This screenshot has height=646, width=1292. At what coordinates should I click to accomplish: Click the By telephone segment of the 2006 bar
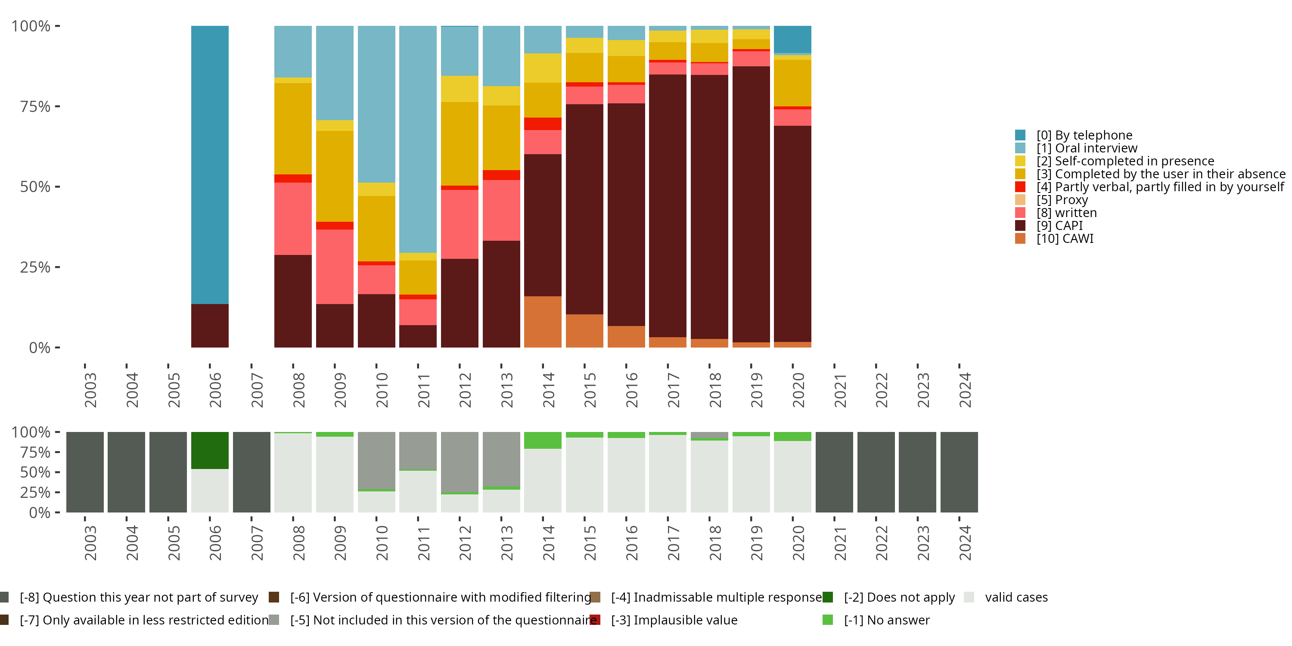tap(210, 165)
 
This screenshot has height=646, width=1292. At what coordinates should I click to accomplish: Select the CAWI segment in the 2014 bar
tap(543, 322)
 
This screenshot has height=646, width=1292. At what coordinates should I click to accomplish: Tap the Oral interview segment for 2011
tap(418, 139)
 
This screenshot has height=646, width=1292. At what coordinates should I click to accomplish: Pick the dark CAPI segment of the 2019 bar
tap(751, 204)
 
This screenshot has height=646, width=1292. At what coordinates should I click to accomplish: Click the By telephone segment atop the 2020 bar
tap(792, 39)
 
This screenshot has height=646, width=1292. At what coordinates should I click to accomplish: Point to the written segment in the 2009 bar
tap(335, 266)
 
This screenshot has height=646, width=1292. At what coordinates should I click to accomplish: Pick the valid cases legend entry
tap(1016, 597)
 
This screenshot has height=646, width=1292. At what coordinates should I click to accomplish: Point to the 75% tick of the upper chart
tap(35, 106)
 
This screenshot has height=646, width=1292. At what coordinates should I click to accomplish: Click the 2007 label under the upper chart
tap(257, 390)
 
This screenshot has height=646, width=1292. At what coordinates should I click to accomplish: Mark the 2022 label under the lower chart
tap(881, 543)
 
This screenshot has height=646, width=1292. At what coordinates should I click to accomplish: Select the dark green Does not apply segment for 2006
tap(210, 450)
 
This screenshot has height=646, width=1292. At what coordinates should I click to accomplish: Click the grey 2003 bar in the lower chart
tap(85, 472)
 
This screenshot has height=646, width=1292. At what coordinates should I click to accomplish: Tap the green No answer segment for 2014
tap(543, 440)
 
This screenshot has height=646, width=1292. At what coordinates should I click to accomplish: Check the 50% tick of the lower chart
tap(35, 472)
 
